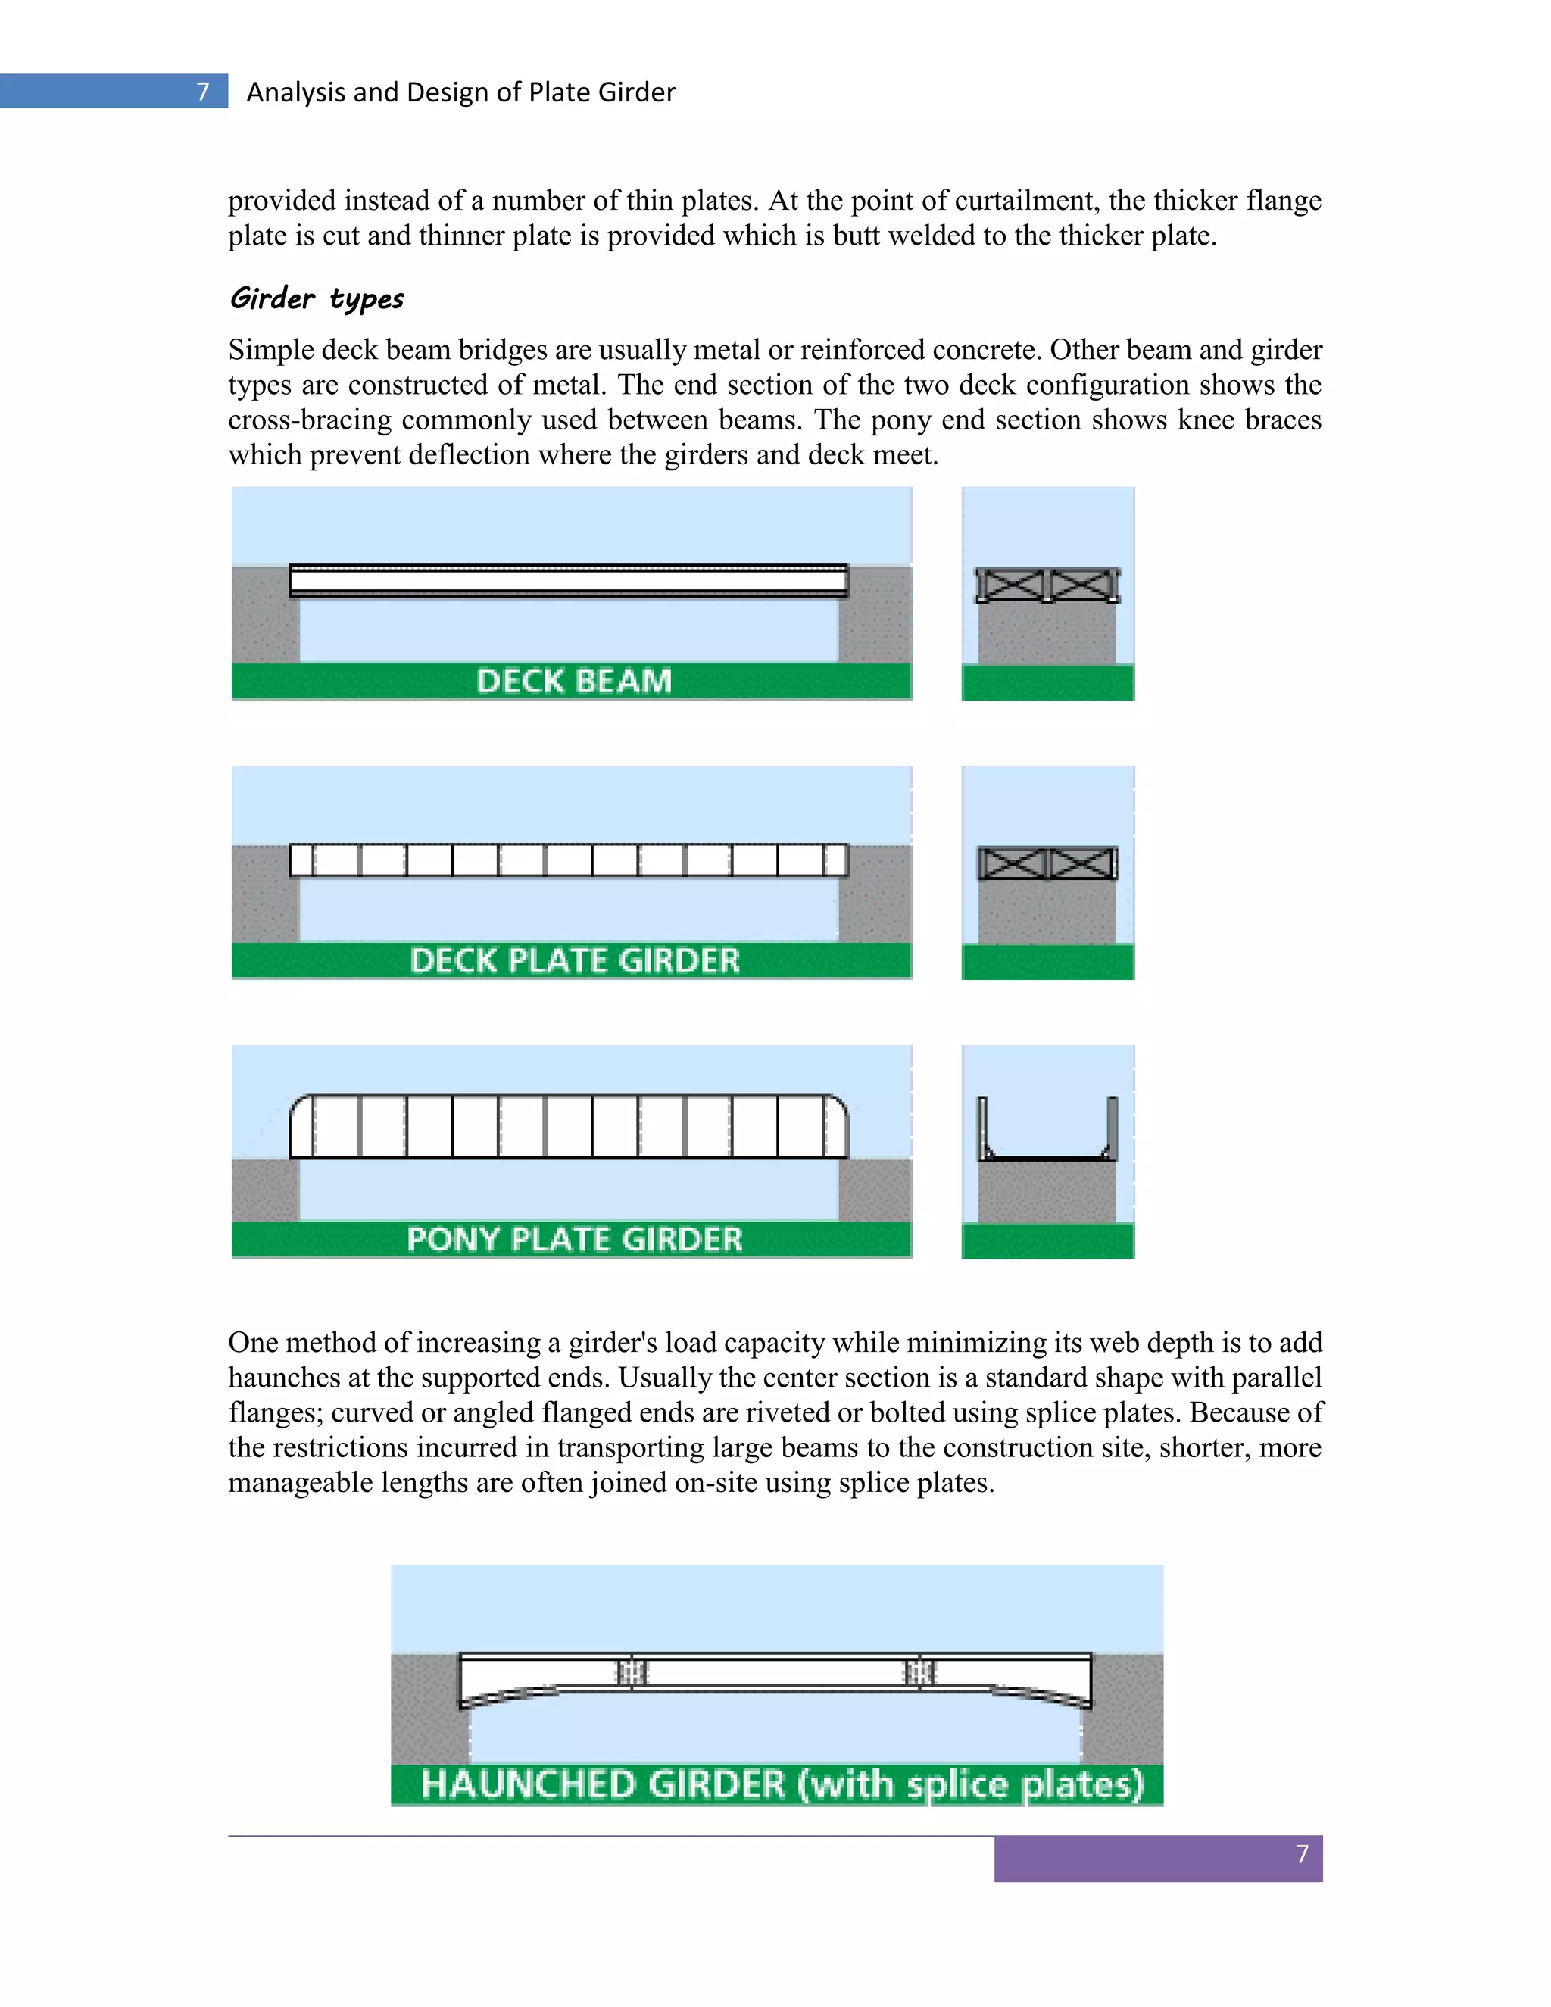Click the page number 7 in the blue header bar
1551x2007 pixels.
[x=203, y=91]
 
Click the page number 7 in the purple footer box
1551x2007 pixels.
[x=1301, y=1853]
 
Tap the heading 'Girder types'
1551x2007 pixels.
[x=317, y=298]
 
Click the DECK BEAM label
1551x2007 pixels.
[x=574, y=681]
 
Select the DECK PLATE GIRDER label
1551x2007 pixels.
[x=574, y=960]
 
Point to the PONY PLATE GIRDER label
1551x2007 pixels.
[x=574, y=1239]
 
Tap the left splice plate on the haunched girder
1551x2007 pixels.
[x=632, y=1671]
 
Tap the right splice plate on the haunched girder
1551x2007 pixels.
[x=921, y=1671]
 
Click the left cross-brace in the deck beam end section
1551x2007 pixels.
[x=1012, y=585]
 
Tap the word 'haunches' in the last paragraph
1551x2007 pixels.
[x=288, y=1378]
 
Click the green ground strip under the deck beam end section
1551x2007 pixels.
[x=1047, y=683]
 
